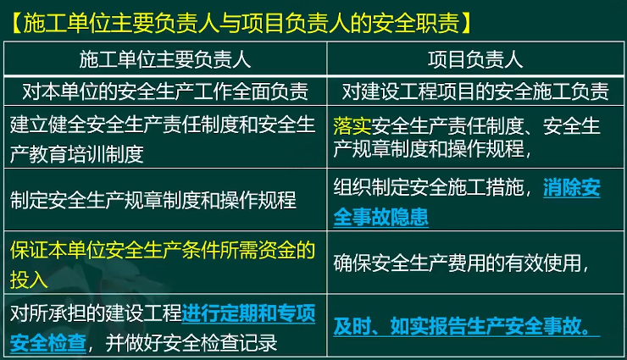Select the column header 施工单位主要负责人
click(x=165, y=59)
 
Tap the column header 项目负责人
click(x=475, y=59)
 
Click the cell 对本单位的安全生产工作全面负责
click(x=165, y=91)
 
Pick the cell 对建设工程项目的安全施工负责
click(x=475, y=91)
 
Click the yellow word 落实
click(x=352, y=126)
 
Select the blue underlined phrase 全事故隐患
click(x=380, y=217)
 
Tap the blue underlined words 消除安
click(x=572, y=187)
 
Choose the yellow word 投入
click(x=29, y=279)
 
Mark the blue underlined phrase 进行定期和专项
click(x=248, y=313)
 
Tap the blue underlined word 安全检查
click(x=48, y=343)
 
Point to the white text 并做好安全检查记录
click(x=191, y=343)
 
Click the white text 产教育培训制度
click(x=77, y=154)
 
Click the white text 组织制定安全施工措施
click(x=428, y=187)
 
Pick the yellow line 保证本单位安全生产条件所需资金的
click(x=163, y=250)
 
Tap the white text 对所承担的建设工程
click(x=96, y=313)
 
